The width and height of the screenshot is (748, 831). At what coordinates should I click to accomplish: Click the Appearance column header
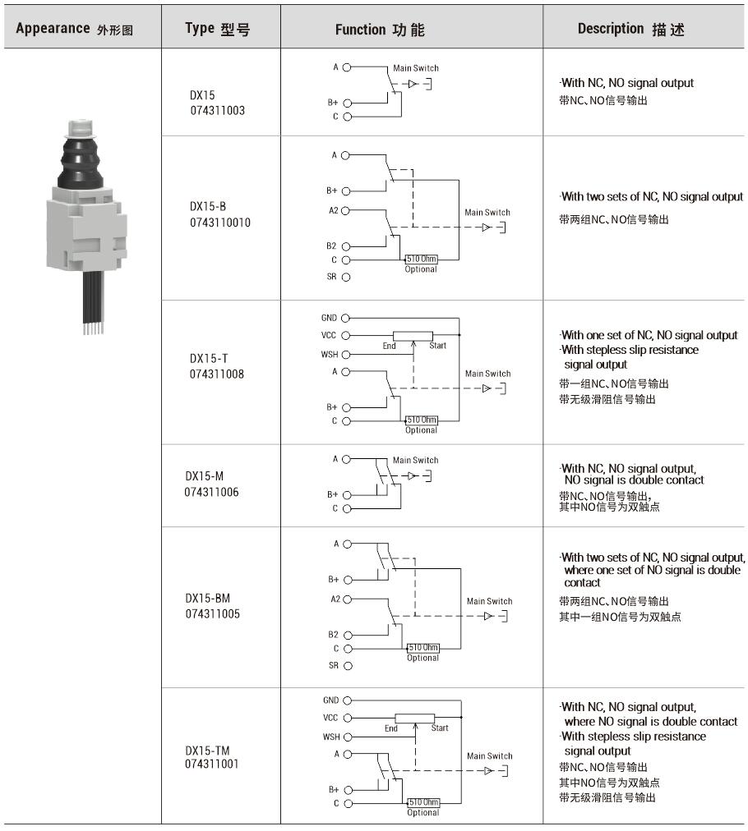pyautogui.click(x=74, y=29)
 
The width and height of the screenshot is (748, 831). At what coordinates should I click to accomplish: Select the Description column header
pyautogui.click(x=630, y=29)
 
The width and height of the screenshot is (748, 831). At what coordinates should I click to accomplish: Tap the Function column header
pyautogui.click(x=380, y=30)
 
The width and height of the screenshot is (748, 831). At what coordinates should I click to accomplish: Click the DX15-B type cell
pyautogui.click(x=220, y=214)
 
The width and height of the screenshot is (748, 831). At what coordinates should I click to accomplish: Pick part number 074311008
pyautogui.click(x=217, y=374)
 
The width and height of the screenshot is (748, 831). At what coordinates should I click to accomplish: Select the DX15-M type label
pyautogui.click(x=204, y=476)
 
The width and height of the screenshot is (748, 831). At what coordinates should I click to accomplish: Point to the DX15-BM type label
pyautogui.click(x=208, y=599)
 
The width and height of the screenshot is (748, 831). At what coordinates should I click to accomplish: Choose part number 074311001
pyautogui.click(x=212, y=764)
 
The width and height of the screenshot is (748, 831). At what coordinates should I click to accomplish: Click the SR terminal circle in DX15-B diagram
pyautogui.click(x=346, y=277)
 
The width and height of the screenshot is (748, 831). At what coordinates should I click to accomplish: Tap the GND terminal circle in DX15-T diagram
pyautogui.click(x=345, y=318)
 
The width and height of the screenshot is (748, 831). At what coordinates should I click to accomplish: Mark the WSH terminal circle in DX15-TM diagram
pyautogui.click(x=348, y=737)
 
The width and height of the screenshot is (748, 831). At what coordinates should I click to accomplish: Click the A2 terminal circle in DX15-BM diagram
pyautogui.click(x=348, y=599)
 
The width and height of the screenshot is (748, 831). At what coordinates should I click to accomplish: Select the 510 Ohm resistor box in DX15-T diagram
pyautogui.click(x=422, y=420)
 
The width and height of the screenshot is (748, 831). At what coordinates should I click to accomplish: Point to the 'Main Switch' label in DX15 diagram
pyautogui.click(x=416, y=68)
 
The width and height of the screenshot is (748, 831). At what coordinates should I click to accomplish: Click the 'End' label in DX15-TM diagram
pyautogui.click(x=391, y=728)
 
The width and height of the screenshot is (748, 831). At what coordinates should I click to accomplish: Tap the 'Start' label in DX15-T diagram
pyautogui.click(x=437, y=346)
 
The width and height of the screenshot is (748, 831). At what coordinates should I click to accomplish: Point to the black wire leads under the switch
pyautogui.click(x=93, y=302)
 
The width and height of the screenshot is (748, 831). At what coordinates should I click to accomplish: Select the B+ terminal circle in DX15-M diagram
pyautogui.click(x=347, y=495)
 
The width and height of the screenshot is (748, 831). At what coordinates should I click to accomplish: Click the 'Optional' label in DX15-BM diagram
pyautogui.click(x=422, y=658)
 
